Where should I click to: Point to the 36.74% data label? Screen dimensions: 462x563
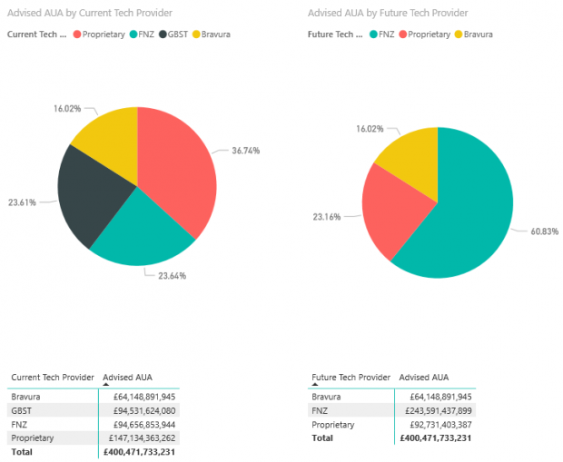(x=244, y=151)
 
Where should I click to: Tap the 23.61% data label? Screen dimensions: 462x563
(x=22, y=202)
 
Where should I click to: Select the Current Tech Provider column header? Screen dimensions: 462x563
(x=53, y=377)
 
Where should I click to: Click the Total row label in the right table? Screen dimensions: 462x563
(x=321, y=437)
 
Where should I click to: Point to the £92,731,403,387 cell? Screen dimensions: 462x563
(x=438, y=424)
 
